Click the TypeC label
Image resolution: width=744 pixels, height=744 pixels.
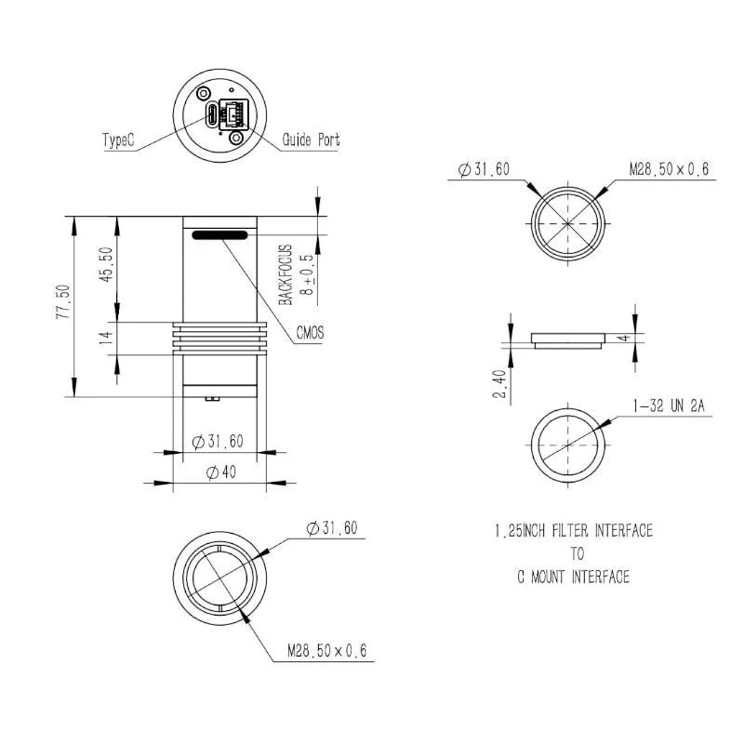(x=118, y=140)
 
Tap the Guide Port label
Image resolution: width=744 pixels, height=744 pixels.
(x=311, y=140)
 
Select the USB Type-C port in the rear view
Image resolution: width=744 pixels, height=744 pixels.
(x=212, y=113)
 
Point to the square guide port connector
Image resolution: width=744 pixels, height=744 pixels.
(x=233, y=114)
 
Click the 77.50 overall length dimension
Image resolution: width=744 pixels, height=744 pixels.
(x=63, y=301)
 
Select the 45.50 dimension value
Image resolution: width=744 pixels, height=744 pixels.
(x=107, y=264)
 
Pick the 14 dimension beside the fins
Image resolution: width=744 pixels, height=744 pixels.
(x=107, y=338)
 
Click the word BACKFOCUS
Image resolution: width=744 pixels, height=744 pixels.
(x=286, y=274)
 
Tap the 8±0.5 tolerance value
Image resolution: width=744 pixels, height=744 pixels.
(x=308, y=274)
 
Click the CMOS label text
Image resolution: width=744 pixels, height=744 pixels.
(x=311, y=333)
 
